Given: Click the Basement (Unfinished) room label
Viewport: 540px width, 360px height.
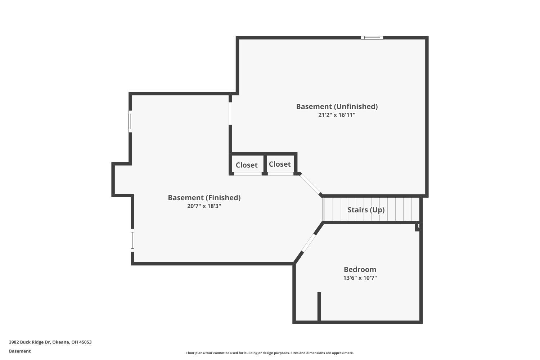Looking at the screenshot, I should [x=337, y=107].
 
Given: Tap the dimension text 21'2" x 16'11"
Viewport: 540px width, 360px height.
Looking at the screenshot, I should [x=337, y=115].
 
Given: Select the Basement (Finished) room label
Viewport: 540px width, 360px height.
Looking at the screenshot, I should [x=204, y=198].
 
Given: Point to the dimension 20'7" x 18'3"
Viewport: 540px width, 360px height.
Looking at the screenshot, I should [x=204, y=206].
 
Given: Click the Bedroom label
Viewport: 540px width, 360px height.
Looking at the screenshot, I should [x=360, y=269].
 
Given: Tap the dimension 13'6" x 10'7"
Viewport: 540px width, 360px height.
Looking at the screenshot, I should [x=360, y=278].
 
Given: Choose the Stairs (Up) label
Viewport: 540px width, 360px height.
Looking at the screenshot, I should [x=366, y=210].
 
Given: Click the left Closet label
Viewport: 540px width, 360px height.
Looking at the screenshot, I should [x=247, y=165].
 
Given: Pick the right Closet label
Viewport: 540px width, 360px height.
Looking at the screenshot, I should [x=280, y=164].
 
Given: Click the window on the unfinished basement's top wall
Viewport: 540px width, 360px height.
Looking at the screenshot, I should [x=372, y=37].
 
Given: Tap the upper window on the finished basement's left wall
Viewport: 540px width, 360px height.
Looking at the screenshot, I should [x=130, y=121].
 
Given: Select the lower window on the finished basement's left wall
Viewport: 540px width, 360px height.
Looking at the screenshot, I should [x=132, y=240].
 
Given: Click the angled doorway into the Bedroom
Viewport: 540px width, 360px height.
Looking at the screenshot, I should [x=308, y=243].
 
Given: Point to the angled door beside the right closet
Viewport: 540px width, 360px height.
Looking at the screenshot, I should [x=311, y=184].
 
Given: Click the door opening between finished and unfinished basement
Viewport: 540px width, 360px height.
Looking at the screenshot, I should [x=230, y=113].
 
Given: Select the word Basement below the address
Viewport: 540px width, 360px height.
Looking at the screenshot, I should [x=20, y=351].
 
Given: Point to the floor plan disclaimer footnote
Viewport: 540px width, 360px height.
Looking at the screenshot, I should [x=270, y=353].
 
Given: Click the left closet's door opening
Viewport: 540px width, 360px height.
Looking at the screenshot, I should [x=248, y=174].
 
